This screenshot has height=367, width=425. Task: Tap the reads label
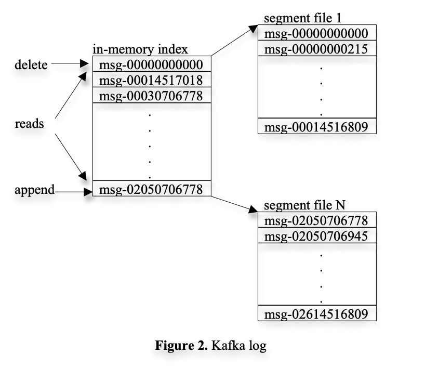coord(29,124)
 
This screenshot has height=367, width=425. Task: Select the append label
coord(34,190)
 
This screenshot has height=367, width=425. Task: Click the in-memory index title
coord(140,50)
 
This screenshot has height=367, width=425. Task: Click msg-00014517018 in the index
coord(151,80)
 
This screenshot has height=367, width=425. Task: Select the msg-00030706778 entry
coord(151,96)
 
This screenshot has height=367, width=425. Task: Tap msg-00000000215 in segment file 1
coord(316,49)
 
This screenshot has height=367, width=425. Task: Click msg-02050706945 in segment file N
coord(316,237)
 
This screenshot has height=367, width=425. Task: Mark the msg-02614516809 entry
coord(316,314)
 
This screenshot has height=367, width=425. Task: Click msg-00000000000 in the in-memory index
coord(151,64)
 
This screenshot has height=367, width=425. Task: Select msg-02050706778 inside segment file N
coord(316,220)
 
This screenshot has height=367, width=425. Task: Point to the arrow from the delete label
coord(70,64)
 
